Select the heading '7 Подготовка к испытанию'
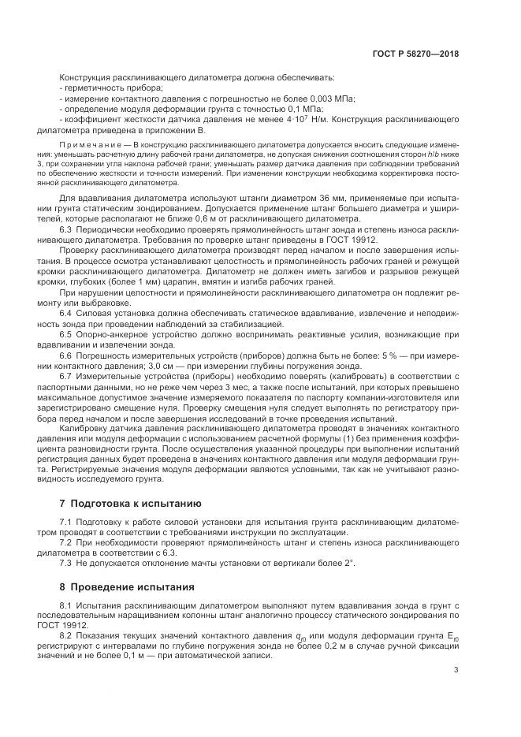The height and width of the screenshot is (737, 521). (x=119, y=503)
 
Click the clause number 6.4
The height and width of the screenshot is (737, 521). (x=66, y=312)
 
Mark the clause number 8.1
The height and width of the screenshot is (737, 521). (x=66, y=604)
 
